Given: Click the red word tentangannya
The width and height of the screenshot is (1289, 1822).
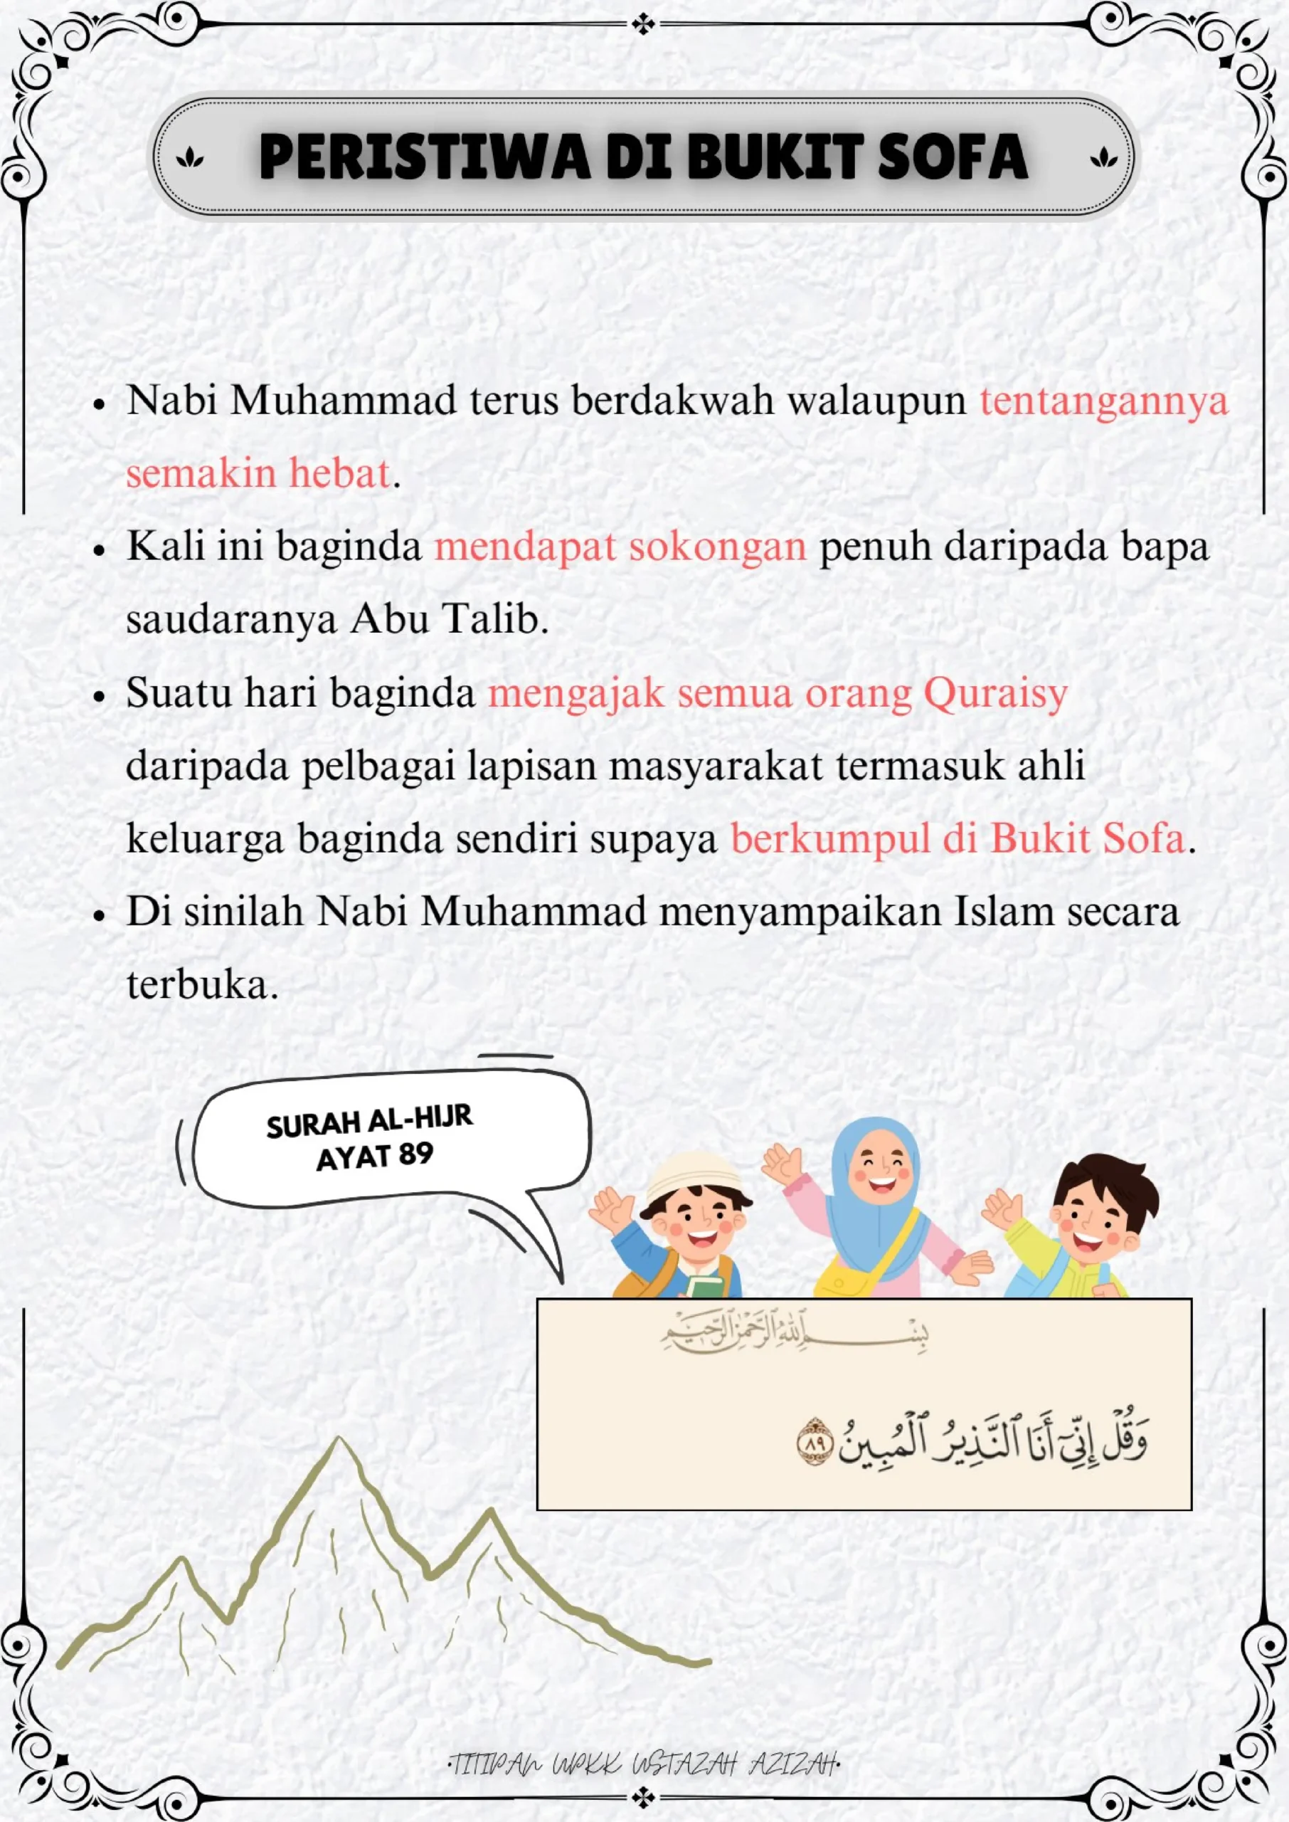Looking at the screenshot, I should (x=1103, y=400).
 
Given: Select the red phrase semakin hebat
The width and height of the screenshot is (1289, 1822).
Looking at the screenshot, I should (x=258, y=473).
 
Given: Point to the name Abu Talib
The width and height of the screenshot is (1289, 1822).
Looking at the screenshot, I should (x=448, y=619).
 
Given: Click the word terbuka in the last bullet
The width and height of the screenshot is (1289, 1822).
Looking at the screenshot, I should (x=201, y=985).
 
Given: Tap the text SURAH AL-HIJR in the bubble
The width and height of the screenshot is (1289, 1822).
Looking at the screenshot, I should (x=369, y=1122).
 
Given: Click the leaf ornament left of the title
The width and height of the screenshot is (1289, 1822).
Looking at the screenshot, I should (x=190, y=157).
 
